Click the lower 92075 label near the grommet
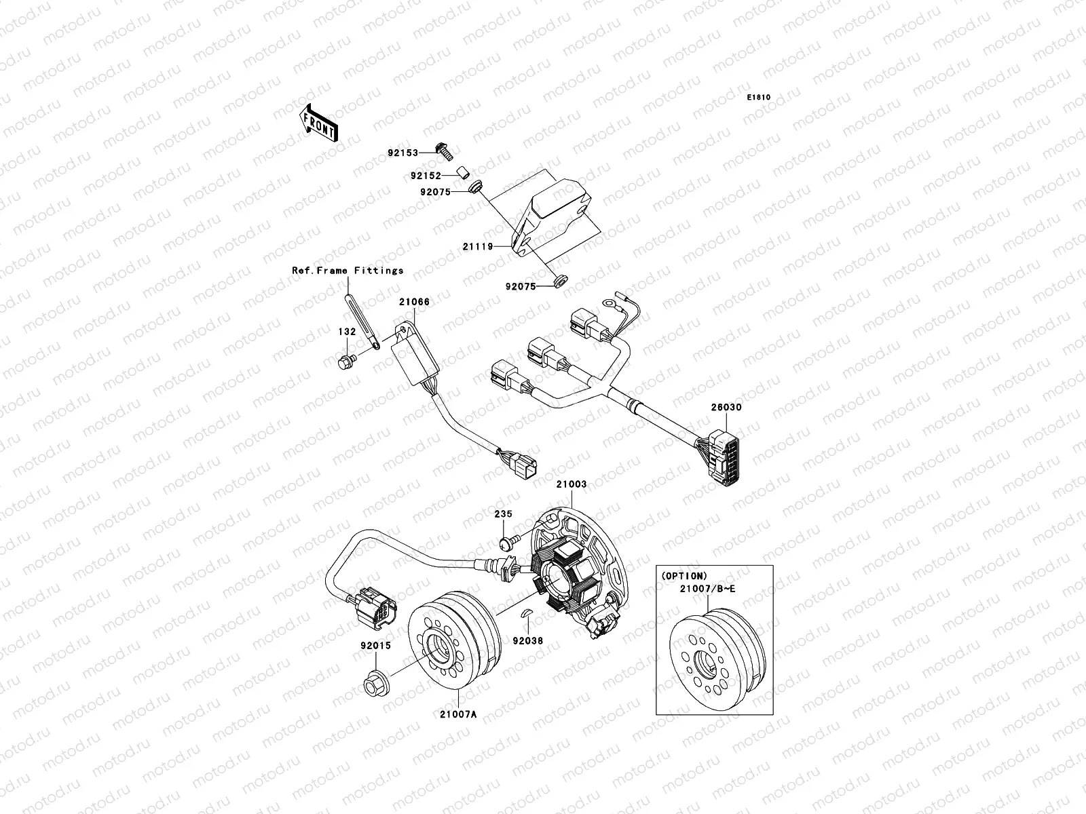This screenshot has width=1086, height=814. point(520,286)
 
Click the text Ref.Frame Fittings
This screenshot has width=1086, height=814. point(348,270)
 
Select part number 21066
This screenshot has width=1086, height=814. point(414,302)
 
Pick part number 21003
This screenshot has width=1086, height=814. point(572,485)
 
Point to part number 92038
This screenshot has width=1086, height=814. point(528,640)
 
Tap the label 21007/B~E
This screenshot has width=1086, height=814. point(707,588)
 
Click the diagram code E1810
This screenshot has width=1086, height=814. point(759,98)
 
